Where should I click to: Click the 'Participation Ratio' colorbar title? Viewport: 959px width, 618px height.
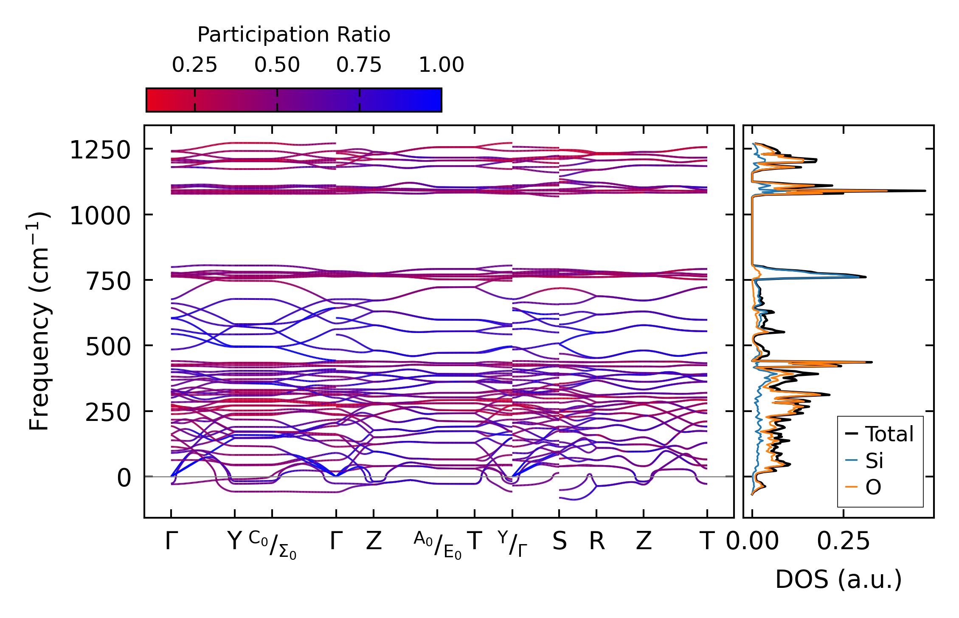click(x=294, y=35)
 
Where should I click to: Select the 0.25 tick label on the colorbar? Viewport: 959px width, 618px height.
click(x=194, y=65)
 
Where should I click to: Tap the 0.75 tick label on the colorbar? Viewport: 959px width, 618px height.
click(x=359, y=65)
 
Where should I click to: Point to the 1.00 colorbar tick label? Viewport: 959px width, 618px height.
click(x=442, y=65)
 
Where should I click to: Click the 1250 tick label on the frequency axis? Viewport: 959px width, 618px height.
click(x=100, y=150)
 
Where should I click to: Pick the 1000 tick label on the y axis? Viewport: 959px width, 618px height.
click(x=100, y=216)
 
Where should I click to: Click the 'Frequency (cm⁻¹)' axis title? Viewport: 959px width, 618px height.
click(x=39, y=321)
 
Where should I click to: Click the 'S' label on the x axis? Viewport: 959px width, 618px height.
click(x=559, y=541)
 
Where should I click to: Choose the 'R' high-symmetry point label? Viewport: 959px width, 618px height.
click(x=596, y=541)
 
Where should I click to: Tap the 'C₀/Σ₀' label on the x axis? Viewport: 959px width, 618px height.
click(x=273, y=545)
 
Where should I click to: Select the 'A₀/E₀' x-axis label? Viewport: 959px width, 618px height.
click(x=438, y=545)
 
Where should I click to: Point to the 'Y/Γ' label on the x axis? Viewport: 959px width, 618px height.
click(x=512, y=544)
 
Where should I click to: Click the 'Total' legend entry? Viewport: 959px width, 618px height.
click(x=889, y=434)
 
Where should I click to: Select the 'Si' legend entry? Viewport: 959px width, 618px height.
click(x=875, y=460)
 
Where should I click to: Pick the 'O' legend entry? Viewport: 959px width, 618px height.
click(x=873, y=487)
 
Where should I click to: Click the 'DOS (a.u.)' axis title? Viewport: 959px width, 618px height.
click(x=838, y=579)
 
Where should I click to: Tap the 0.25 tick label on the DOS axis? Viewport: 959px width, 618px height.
click(x=843, y=541)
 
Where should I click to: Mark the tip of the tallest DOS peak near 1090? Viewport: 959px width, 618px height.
click(x=925, y=191)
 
